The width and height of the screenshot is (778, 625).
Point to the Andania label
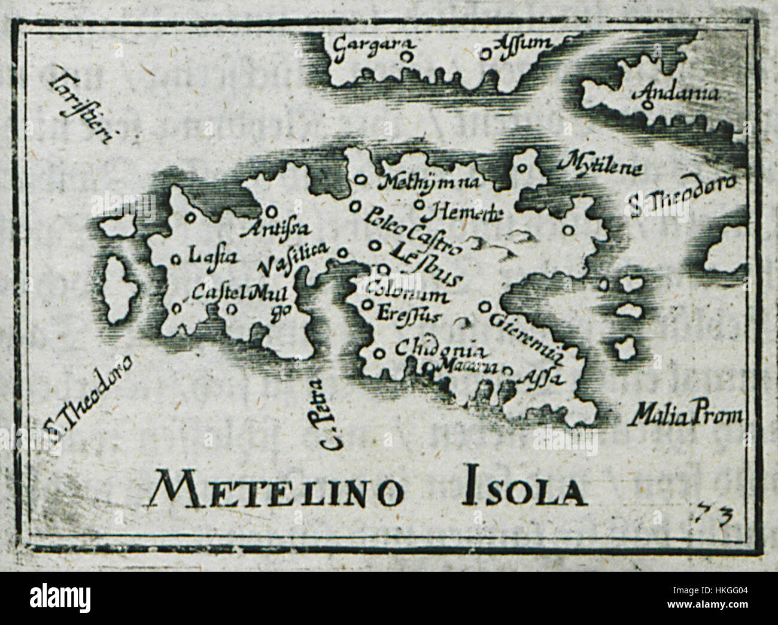pyautogui.click(x=670, y=95)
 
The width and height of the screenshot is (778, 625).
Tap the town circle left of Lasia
pyautogui.click(x=176, y=259)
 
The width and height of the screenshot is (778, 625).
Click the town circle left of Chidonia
pyautogui.click(x=378, y=353)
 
